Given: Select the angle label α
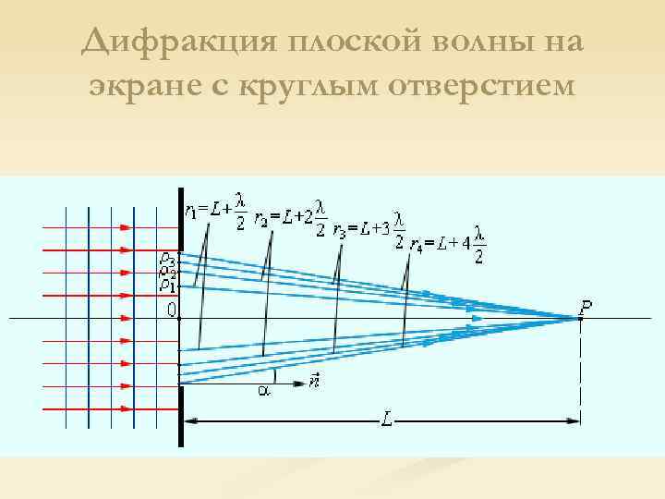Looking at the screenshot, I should [263, 391].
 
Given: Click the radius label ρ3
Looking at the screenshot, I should [166, 260].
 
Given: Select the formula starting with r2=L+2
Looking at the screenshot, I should [290, 215].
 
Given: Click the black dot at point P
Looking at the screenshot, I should [579, 318].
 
